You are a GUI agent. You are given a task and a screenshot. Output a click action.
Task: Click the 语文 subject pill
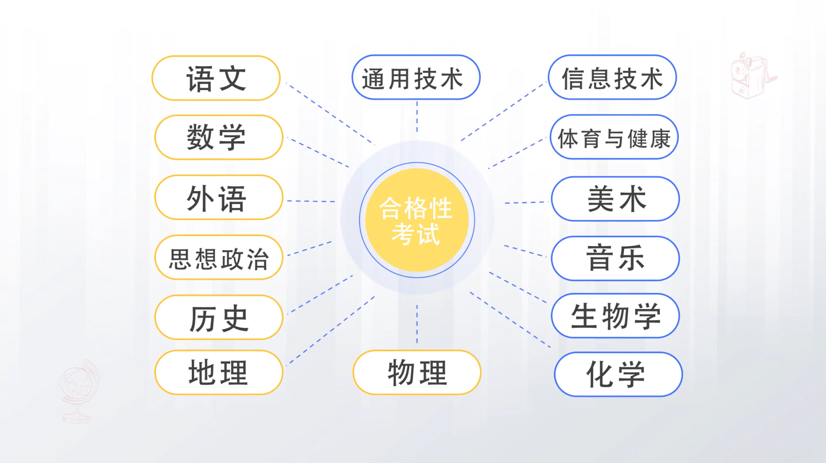click(x=216, y=78)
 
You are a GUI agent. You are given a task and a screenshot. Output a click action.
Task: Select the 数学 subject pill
click(x=219, y=137)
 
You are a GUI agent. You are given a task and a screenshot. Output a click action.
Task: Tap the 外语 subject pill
click(x=219, y=198)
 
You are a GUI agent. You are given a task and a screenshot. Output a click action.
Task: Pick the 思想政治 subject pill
click(x=219, y=257)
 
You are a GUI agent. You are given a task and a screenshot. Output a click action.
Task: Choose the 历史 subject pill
click(x=219, y=317)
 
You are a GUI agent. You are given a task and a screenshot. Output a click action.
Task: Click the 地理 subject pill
click(x=219, y=372)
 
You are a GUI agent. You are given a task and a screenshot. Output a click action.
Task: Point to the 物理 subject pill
click(x=417, y=372)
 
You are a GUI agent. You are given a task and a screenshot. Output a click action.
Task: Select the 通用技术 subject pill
click(x=416, y=77)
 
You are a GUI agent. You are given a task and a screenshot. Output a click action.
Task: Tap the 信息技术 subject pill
click(x=612, y=77)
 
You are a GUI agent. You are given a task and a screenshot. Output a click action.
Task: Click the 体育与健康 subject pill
click(x=614, y=137)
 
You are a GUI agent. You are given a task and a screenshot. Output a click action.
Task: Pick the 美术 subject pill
click(x=615, y=199)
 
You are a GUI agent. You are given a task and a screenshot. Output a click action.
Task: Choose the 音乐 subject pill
click(x=615, y=259)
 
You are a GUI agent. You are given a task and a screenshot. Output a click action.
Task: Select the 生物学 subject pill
click(x=615, y=316)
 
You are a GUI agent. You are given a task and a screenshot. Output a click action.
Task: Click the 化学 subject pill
click(x=618, y=374)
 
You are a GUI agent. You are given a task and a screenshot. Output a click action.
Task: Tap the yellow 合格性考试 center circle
click(x=417, y=220)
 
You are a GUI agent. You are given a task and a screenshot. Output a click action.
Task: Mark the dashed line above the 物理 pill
click(x=417, y=324)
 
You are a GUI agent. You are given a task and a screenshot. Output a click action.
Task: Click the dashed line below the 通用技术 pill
click(x=417, y=117)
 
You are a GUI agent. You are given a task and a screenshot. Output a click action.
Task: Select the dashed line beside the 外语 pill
click(x=311, y=201)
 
